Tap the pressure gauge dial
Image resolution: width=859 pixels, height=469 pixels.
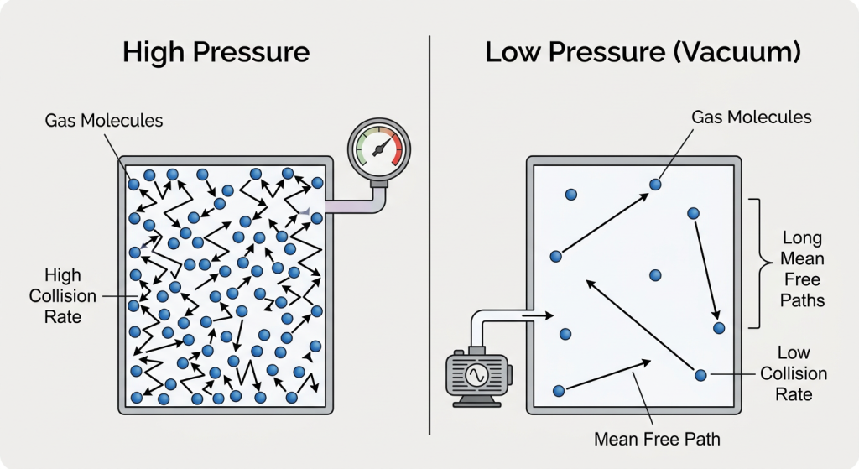tap(376, 149)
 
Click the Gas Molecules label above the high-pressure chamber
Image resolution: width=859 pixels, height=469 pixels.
tap(104, 121)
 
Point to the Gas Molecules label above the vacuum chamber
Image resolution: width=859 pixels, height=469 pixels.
tap(752, 117)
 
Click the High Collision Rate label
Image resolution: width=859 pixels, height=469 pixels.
tap(55, 296)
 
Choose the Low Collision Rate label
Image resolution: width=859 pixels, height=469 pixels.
tap(793, 373)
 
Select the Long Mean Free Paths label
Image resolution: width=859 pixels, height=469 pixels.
tap(803, 268)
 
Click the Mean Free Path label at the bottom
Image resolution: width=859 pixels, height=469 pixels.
tap(657, 439)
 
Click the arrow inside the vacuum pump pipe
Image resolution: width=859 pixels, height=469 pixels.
tap(534, 316)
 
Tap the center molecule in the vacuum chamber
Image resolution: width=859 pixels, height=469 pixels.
tap(655, 275)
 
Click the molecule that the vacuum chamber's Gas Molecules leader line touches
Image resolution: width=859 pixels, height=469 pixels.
tap(655, 184)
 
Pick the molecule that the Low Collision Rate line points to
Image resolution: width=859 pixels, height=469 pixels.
tap(700, 374)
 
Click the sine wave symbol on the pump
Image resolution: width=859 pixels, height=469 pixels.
tap(477, 374)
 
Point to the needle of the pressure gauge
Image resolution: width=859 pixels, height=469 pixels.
tap(379, 149)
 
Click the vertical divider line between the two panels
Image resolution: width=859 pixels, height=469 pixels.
tap(429, 235)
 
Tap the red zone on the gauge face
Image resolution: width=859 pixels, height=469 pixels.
tap(394, 145)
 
